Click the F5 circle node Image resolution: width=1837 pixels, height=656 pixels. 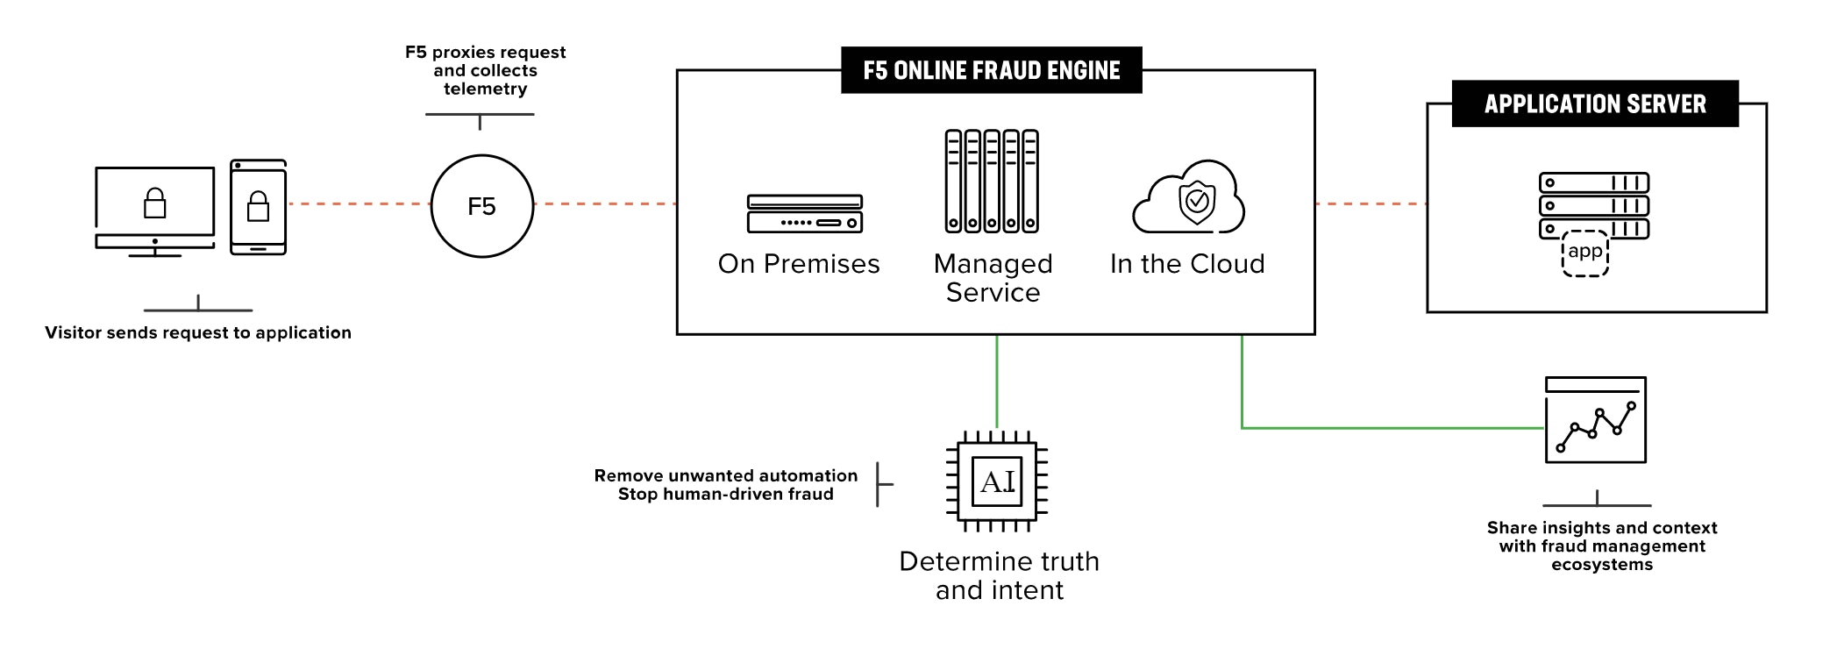[x=481, y=206]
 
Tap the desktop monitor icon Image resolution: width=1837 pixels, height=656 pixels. [x=154, y=211]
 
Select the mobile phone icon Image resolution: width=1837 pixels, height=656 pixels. [x=258, y=207]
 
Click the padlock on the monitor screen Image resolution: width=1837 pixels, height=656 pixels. [x=154, y=203]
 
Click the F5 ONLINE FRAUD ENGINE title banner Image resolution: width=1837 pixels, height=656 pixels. [x=991, y=70]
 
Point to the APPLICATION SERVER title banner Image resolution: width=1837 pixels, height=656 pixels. [x=1594, y=103]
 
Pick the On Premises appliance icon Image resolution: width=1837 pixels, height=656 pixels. [x=804, y=214]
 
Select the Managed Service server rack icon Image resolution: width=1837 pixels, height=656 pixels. [x=992, y=182]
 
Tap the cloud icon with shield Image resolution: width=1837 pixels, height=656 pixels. [x=1189, y=198]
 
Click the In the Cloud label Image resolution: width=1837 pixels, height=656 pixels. [x=1186, y=264]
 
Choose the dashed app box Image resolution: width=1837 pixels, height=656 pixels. [x=1584, y=253]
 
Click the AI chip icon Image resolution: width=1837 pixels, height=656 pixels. [x=997, y=481]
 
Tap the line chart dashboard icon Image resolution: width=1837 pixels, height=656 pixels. [x=1595, y=420]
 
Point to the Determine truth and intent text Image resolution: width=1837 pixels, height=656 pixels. [x=999, y=575]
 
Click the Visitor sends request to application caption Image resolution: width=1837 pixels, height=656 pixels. [x=198, y=332]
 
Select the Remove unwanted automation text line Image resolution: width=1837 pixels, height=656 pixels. [x=725, y=475]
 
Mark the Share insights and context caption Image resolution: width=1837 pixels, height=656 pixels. [x=1601, y=545]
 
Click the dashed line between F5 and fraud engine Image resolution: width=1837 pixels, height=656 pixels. [x=605, y=203]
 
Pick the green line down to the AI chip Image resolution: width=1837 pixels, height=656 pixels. [x=997, y=381]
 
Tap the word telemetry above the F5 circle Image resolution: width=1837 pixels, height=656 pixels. [x=485, y=89]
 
